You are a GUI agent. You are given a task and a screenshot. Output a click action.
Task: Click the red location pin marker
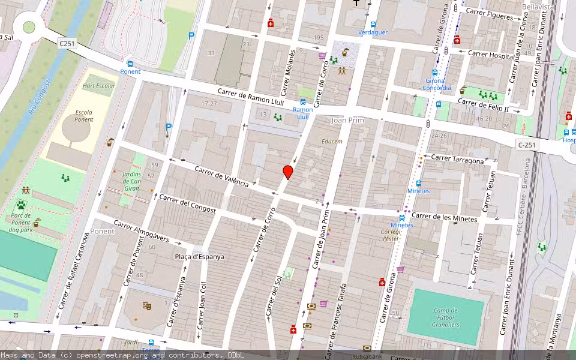click(288, 172)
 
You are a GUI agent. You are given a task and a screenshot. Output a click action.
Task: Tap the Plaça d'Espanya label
click(200, 257)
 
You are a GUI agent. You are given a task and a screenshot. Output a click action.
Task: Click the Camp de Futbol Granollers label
click(445, 317)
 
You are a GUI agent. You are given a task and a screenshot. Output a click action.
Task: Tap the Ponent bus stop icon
click(130, 64)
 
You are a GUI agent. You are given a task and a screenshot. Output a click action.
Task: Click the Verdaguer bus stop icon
click(373, 25)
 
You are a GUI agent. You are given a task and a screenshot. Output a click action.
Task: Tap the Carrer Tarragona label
click(457, 160)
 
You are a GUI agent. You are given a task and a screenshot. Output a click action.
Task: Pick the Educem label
click(332, 142)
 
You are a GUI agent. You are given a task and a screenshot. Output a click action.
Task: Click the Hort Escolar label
click(98, 86)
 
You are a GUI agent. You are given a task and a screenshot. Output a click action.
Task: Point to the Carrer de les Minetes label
click(445, 217)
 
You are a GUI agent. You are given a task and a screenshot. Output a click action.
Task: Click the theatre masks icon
click(146, 305)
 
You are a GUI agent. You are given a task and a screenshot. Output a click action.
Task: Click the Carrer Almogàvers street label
click(142, 233)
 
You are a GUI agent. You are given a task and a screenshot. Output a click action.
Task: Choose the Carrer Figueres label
click(490, 14)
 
